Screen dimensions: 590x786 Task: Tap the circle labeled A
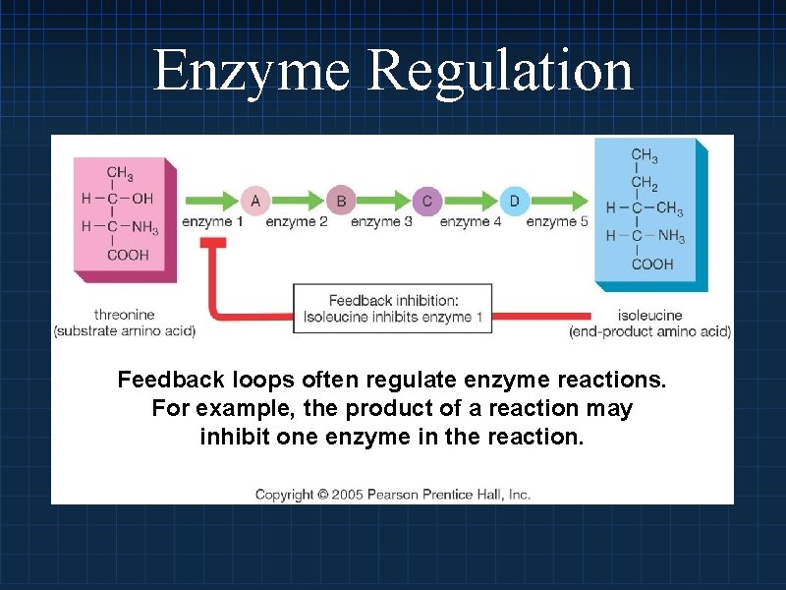(255, 201)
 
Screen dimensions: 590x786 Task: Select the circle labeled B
(341, 201)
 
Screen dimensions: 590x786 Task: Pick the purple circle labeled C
(427, 201)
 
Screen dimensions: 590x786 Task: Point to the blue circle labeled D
(514, 201)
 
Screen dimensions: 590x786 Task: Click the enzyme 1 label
(212, 222)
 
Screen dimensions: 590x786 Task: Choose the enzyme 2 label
(297, 222)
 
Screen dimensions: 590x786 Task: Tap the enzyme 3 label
(382, 222)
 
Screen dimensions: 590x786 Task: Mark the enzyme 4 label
(471, 222)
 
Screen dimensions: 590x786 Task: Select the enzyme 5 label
(557, 222)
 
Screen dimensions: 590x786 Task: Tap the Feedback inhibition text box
(393, 308)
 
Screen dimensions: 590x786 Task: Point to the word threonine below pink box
(124, 315)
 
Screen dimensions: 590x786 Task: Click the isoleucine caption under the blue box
(649, 315)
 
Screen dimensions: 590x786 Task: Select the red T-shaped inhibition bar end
(213, 244)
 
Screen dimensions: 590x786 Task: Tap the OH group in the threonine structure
(142, 199)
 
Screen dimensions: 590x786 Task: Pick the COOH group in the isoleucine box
(652, 263)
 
